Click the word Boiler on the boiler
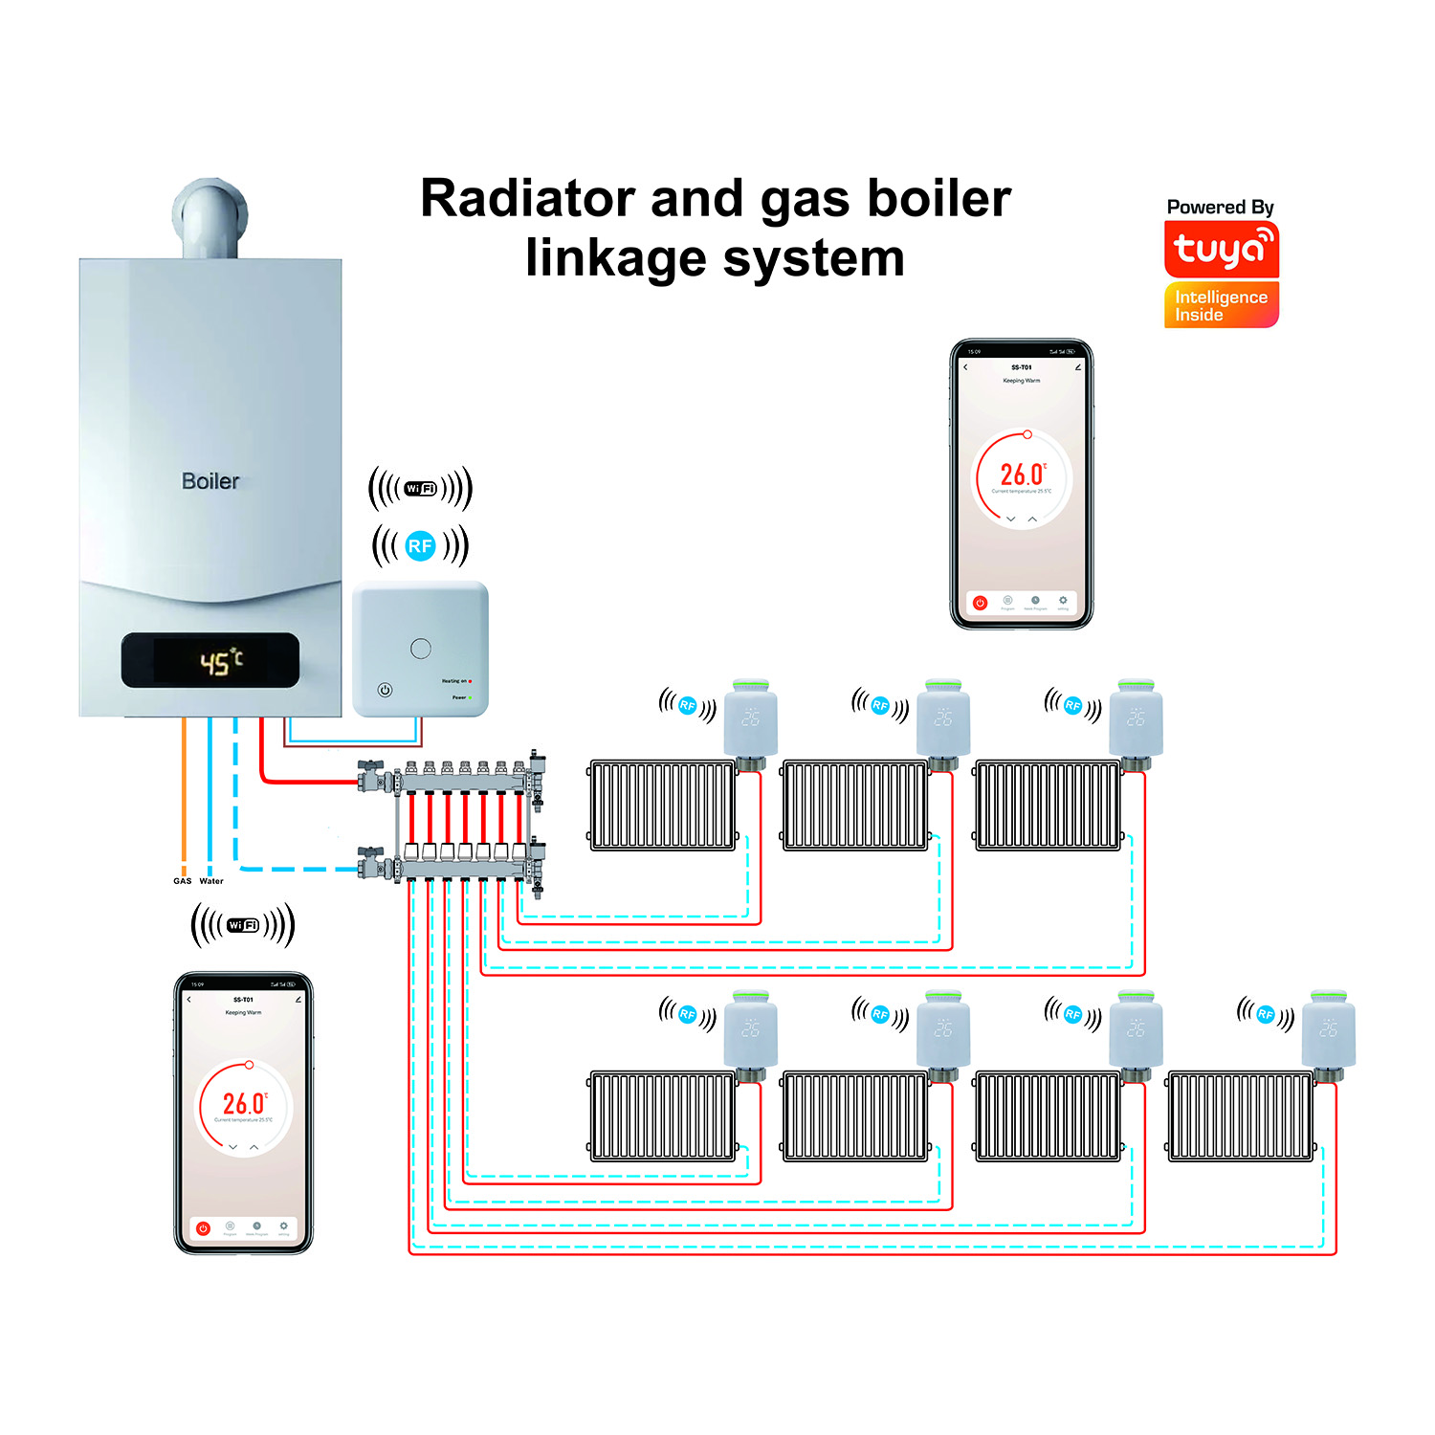click(x=210, y=481)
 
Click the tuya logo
click(x=1221, y=249)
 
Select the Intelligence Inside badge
click(x=1221, y=305)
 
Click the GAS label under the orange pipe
click(x=182, y=881)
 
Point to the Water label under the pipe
click(x=211, y=881)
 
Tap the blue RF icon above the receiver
click(x=420, y=546)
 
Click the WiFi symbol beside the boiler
click(x=420, y=489)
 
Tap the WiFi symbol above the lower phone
click(x=243, y=925)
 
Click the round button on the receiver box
click(x=420, y=649)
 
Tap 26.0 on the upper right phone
click(x=1022, y=475)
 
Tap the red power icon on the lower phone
click(x=203, y=1227)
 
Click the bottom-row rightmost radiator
click(x=1241, y=1116)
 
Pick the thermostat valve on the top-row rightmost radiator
click(x=1136, y=719)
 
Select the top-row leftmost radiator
click(x=663, y=806)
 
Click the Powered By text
click(x=1220, y=207)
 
